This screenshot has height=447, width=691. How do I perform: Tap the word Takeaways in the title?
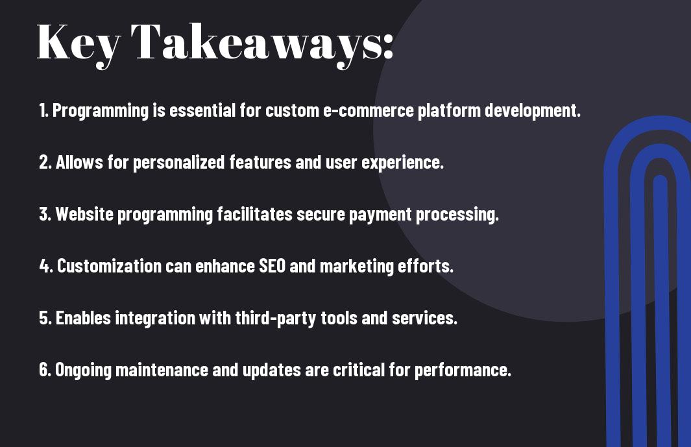pos(253,44)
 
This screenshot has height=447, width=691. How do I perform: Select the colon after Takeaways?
pos(388,47)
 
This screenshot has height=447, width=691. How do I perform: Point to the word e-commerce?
pos(369,111)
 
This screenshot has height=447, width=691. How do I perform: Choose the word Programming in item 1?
pos(101,111)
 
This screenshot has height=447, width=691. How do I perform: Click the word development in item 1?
pos(532,111)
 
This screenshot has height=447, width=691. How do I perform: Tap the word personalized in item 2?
pos(179,163)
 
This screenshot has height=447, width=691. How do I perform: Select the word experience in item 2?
pos(402,163)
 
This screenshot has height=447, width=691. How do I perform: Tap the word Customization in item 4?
pos(109,266)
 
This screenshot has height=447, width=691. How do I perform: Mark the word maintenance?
pos(162,370)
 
